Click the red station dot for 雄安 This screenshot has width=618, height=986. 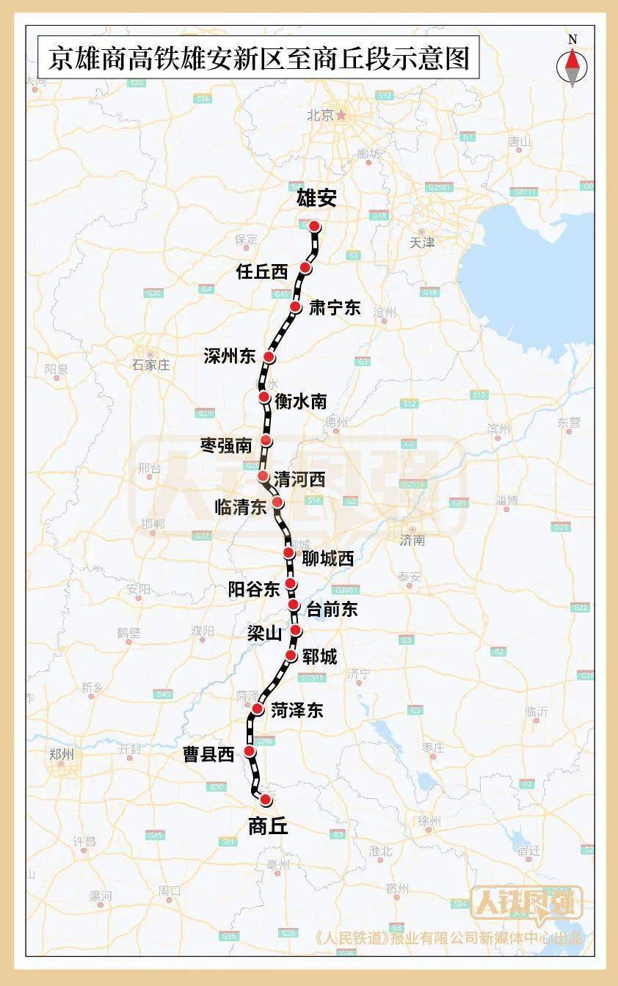click(314, 226)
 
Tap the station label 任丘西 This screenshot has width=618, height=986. click(262, 271)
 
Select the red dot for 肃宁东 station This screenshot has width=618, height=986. click(296, 307)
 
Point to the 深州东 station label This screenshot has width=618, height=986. click(230, 357)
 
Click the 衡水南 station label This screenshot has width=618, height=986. click(300, 401)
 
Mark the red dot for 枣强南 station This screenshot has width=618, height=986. click(266, 440)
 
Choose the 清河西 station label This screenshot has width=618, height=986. click(299, 479)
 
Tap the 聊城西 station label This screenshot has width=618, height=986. click(328, 558)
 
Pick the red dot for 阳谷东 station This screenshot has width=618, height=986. click(291, 583)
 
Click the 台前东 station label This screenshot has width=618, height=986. click(332, 608)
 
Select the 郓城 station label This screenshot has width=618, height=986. click(319, 657)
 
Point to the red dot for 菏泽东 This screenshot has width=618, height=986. click(258, 709)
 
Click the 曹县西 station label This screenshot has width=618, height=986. click(208, 754)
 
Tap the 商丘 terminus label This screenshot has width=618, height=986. click(268, 827)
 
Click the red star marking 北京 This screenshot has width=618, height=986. click(341, 115)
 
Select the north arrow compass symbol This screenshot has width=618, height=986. click(572, 62)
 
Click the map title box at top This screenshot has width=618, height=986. click(258, 58)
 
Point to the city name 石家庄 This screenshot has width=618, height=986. click(150, 365)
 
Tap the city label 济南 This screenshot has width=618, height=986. click(412, 541)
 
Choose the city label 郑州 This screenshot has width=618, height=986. click(61, 754)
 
